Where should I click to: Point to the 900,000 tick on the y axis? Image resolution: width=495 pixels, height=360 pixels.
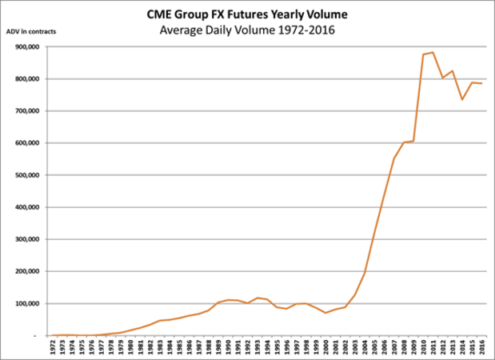(30, 47)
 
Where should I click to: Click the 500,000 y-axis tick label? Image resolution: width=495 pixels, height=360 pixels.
(30, 175)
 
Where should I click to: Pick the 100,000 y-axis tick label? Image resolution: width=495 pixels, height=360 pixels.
(30, 304)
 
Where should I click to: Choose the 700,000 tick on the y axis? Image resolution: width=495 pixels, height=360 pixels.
(30, 111)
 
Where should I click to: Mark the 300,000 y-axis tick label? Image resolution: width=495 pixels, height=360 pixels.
(30, 239)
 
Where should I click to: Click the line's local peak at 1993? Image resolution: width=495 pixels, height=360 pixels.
(258, 298)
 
